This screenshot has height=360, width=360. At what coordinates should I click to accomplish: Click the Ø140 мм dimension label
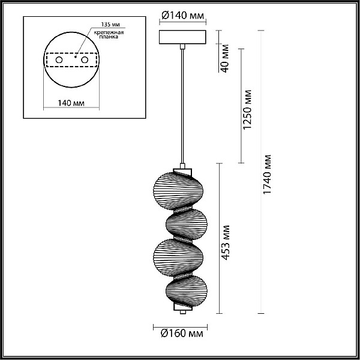pos(182,16)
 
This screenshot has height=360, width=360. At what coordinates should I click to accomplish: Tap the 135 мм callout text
pos(110,25)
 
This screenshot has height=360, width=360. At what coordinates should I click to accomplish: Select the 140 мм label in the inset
pos(71,103)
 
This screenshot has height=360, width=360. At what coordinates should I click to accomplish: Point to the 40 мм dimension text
pos(225,58)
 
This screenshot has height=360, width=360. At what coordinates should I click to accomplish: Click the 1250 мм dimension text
pos(247,110)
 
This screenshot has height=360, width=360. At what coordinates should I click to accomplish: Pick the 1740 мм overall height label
pos(267,175)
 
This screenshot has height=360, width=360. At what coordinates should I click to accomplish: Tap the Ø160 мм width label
pos(182,334)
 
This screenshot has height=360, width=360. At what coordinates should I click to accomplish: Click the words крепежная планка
pos(109,34)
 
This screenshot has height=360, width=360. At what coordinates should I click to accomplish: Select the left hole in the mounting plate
pos(59,60)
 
